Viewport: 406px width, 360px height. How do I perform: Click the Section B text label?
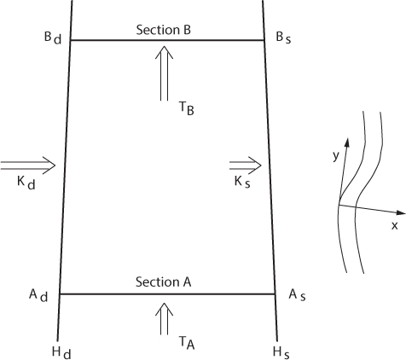tap(163, 30)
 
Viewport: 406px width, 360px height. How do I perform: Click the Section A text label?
tap(163, 282)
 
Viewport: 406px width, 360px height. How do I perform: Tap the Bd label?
tap(53, 38)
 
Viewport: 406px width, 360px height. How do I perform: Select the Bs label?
tap(283, 38)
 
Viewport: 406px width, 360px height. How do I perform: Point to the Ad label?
tap(38, 296)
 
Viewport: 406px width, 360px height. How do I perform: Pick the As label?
tap(297, 295)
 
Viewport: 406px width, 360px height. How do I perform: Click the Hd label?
tap(61, 353)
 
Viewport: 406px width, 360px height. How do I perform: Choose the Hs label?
tap(281, 353)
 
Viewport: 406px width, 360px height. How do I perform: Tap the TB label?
tap(187, 108)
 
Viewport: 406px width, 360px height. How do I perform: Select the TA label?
tap(187, 343)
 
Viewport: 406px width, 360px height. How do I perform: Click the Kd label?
tap(26, 183)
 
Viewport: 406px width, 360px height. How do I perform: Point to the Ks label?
tap(242, 182)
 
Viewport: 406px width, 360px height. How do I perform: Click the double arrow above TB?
tap(164, 73)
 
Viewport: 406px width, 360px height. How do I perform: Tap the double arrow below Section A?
tap(164, 319)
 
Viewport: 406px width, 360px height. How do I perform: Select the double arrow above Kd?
tap(28, 165)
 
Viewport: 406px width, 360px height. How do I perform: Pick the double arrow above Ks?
tap(246, 165)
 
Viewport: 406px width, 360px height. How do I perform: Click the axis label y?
tap(336, 155)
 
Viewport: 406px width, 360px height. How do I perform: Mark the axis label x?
tap(394, 226)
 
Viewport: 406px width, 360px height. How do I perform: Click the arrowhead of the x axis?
tap(401, 212)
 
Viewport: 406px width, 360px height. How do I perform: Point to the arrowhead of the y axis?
tap(347, 142)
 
